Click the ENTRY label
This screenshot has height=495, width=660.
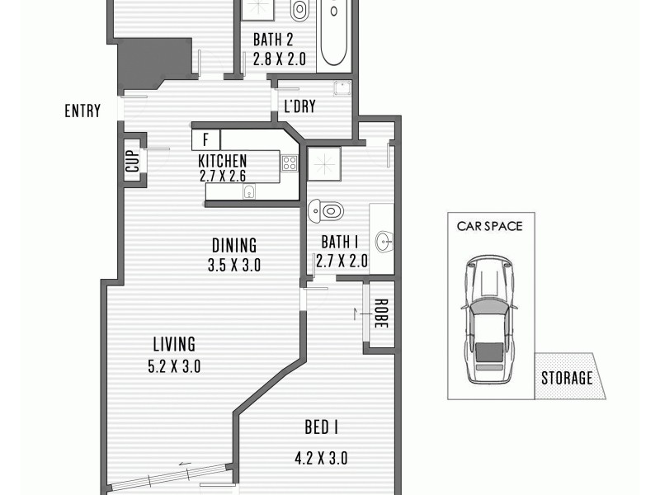pyautogui.click(x=82, y=111)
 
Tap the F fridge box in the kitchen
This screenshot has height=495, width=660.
pyautogui.click(x=205, y=139)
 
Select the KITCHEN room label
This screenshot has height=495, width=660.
pyautogui.click(x=223, y=161)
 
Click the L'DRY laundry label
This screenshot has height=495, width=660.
pyautogui.click(x=299, y=107)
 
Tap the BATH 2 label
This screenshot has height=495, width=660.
pyautogui.click(x=273, y=40)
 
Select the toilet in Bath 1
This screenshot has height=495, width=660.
pyautogui.click(x=324, y=211)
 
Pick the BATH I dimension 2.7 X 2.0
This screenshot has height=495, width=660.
pyautogui.click(x=342, y=262)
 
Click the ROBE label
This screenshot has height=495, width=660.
pyautogui.click(x=380, y=313)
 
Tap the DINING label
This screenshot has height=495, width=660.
pyautogui.click(x=234, y=245)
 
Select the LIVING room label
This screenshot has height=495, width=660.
pyautogui.click(x=174, y=344)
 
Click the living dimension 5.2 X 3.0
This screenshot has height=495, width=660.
pyautogui.click(x=174, y=366)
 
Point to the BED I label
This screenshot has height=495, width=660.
pyautogui.click(x=323, y=427)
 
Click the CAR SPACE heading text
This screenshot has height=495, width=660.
pyautogui.click(x=490, y=225)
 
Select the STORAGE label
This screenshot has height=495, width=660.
pyautogui.click(x=567, y=379)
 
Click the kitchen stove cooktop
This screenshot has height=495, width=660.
pyautogui.click(x=289, y=163)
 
